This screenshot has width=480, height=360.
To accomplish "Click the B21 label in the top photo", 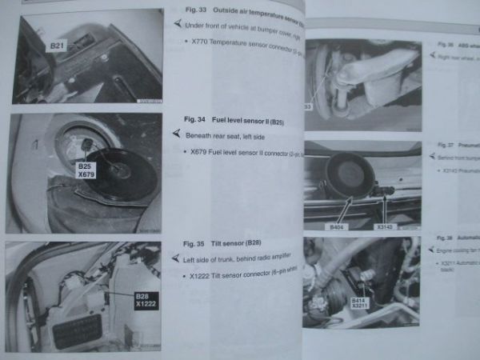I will tap(58, 46).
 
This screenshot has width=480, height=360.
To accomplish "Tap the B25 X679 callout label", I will tap(86, 172).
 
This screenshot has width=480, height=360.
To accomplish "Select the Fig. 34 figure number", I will tap(195, 119).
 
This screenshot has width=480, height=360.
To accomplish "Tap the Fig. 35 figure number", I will tap(194, 242).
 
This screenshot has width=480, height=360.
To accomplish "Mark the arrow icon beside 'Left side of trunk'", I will tap(176, 258).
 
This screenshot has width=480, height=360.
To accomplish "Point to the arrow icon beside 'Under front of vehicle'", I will tap(176, 24).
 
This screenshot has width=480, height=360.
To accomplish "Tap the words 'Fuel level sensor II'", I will tap(246, 120).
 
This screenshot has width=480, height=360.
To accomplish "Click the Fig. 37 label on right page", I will tap(446, 145).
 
